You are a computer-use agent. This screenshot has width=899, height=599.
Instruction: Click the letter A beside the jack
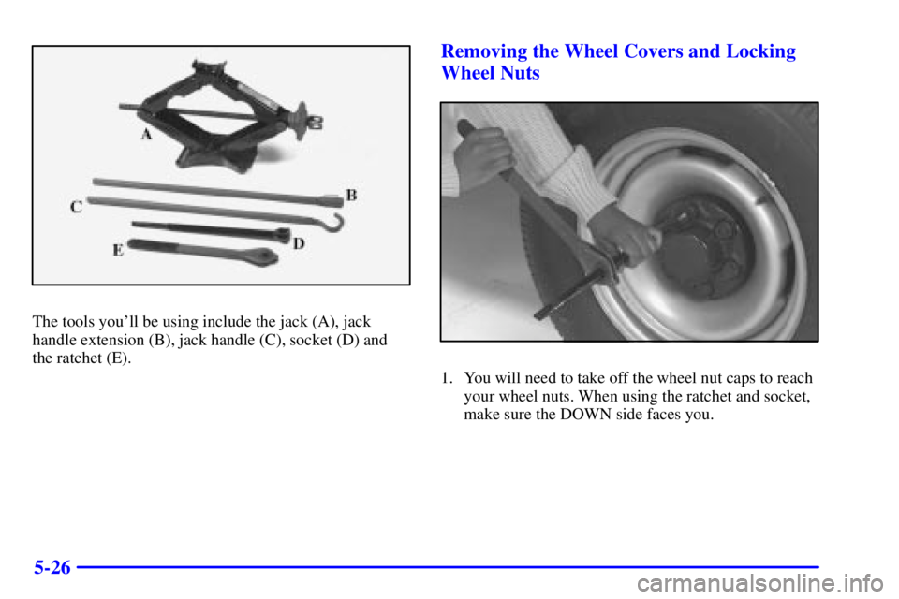146,134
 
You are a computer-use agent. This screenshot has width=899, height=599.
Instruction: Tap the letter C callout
77,208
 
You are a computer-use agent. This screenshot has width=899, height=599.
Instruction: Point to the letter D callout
298,243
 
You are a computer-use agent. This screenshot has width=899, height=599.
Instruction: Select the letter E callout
118,250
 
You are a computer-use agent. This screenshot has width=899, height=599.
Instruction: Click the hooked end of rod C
335,224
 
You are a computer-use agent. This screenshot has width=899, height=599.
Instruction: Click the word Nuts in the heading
518,74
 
